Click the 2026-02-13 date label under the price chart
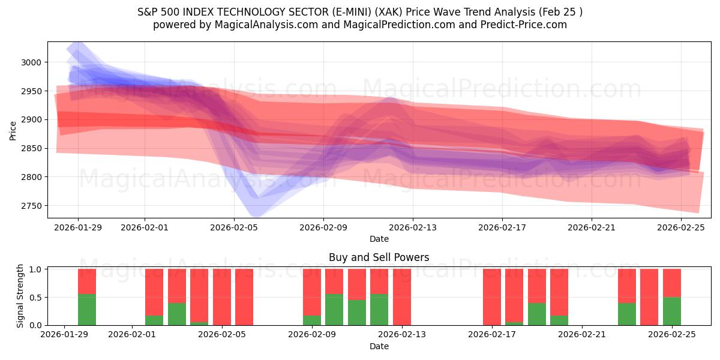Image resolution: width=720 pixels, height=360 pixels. pos(413,228)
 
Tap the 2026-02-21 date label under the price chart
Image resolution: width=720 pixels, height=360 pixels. pos(592,228)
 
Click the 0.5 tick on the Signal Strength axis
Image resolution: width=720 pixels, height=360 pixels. pos(36,298)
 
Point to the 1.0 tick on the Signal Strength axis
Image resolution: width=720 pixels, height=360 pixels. pos(36,269)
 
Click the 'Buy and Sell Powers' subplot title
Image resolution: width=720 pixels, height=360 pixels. pos(379,257)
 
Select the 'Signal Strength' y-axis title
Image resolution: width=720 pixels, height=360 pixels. pos(20,296)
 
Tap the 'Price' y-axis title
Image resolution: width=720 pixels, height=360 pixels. pos(13,130)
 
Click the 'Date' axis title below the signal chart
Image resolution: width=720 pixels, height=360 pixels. pos(379,346)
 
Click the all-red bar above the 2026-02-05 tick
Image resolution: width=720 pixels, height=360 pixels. pos(222,297)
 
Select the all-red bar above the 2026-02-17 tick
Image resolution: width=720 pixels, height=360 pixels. pos(492,297)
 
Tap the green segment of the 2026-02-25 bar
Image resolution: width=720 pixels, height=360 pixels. pos(672,311)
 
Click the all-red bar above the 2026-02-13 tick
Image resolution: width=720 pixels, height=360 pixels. pos(402,297)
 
